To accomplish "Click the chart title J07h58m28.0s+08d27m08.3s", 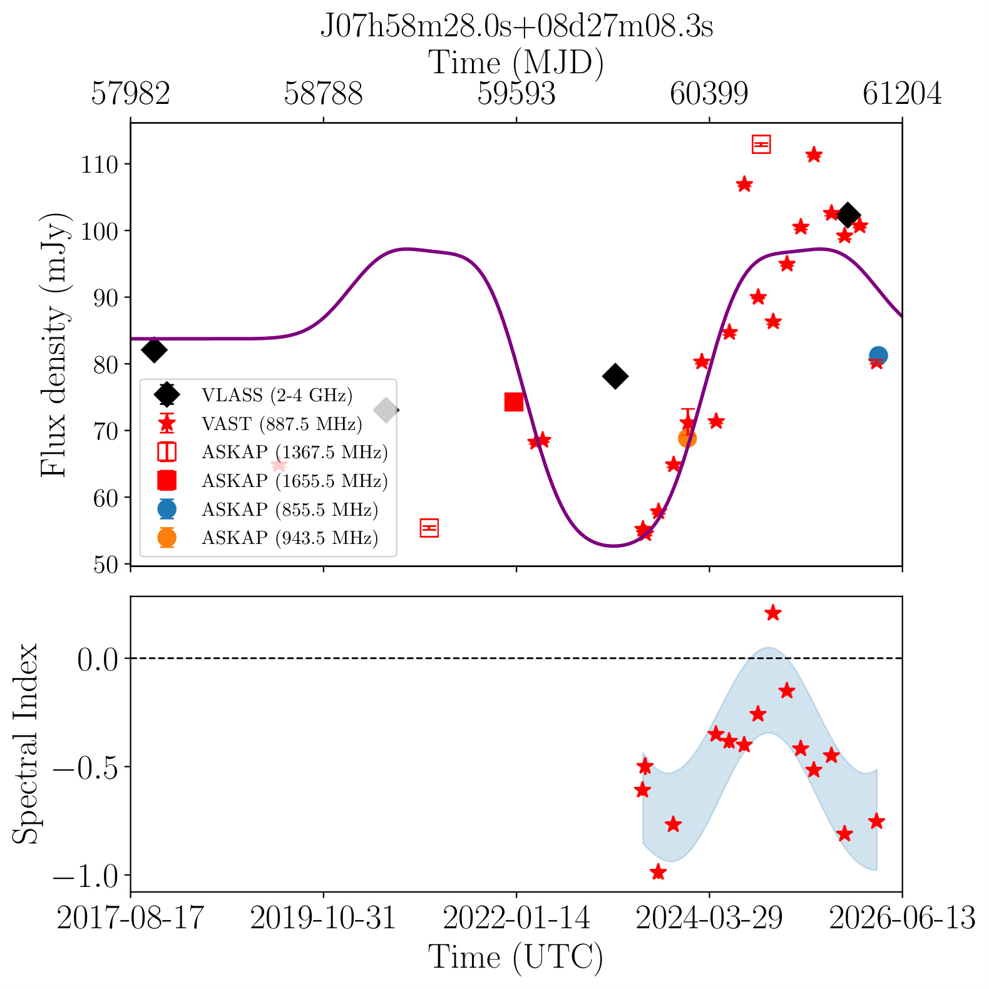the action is tap(516, 27).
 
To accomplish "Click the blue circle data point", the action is tap(878, 356).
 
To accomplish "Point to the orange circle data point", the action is tap(687, 438).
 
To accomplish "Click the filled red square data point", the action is tap(514, 402).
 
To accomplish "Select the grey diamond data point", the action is tap(386, 411).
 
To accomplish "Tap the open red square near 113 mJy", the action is tap(761, 145).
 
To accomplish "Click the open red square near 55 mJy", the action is tap(429, 528).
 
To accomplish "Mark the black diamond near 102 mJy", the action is tap(848, 215).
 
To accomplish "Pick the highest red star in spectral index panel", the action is tap(773, 613).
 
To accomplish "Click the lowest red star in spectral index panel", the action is tap(658, 872).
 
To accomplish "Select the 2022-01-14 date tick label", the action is tap(516, 918).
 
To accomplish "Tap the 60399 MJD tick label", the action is tap(709, 94).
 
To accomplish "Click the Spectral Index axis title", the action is tap(26, 744).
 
